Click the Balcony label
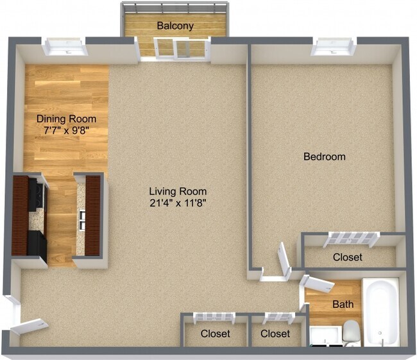(175, 26)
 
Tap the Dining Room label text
(66, 119)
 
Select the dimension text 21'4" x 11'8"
(178, 203)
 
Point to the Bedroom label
(324, 156)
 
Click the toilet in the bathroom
(351, 332)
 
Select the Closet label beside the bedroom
(347, 257)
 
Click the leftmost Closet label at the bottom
(215, 334)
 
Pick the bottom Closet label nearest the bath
(275, 334)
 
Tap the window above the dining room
(65, 47)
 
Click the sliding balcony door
(174, 49)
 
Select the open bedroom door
(284, 259)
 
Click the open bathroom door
(316, 283)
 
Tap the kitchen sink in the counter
(82, 220)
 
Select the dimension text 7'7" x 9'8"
(66, 131)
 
